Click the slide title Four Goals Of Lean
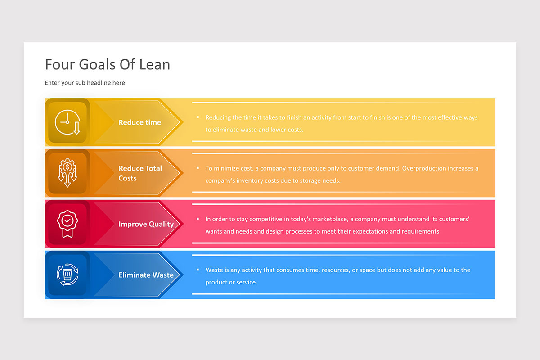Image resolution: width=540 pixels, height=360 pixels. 108,65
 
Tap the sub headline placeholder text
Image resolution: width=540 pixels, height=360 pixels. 85,83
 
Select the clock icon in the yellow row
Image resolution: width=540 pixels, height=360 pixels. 67,122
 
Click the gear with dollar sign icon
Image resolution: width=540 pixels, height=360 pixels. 67,173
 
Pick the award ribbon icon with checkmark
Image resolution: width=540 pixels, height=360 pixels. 67,224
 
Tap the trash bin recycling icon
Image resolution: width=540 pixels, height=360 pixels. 67,274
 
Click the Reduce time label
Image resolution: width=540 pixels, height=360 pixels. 140,122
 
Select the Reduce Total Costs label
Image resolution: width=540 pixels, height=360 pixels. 140,173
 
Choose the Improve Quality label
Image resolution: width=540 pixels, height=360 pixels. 146,224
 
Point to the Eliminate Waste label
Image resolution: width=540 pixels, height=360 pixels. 146,275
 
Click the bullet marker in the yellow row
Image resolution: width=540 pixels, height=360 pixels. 198,117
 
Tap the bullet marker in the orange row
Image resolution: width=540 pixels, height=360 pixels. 198,168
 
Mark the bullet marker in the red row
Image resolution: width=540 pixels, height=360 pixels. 198,219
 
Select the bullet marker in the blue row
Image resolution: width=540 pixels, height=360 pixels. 198,270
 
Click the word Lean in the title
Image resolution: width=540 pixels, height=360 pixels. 154,65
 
